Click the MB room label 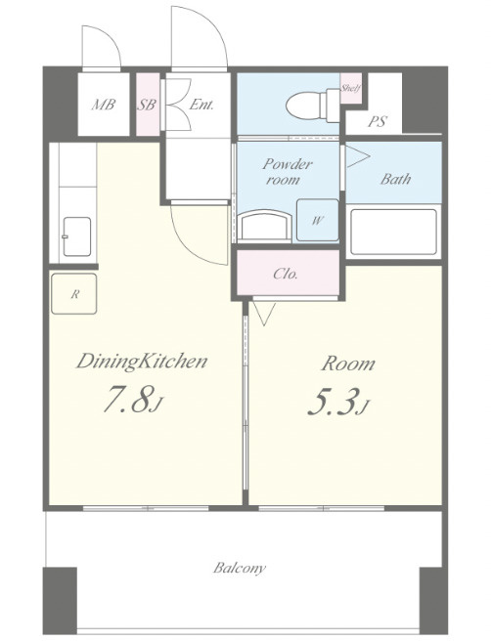click(103, 105)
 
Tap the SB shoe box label click(146, 105)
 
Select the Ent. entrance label click(201, 105)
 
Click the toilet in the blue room click(313, 106)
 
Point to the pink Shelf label click(351, 88)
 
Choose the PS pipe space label click(378, 121)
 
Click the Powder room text click(288, 172)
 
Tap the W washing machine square click(318, 220)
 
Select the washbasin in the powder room click(265, 226)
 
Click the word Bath click(395, 179)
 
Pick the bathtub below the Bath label click(393, 232)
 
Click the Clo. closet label click(286, 274)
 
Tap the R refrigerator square click(74, 294)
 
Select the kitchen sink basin click(77, 236)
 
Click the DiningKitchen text click(142, 362)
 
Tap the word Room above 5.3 click(348, 363)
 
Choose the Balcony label click(240, 568)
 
